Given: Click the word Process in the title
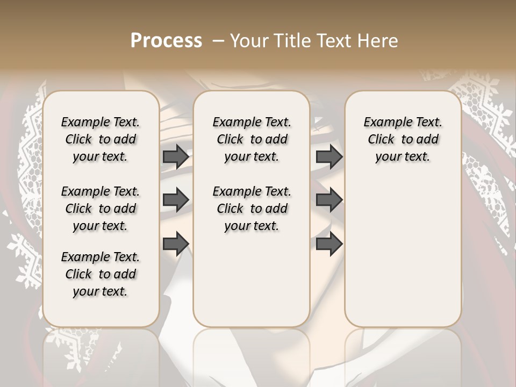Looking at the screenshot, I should pyautogui.click(x=166, y=41).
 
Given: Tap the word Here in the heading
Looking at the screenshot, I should pyautogui.click(x=378, y=41).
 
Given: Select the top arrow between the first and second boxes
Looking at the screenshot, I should pyautogui.click(x=176, y=156).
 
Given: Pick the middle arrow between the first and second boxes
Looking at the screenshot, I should pyautogui.click(x=176, y=200).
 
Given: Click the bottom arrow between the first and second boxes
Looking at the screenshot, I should pyautogui.click(x=176, y=243).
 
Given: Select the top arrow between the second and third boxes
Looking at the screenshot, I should pyautogui.click(x=329, y=156).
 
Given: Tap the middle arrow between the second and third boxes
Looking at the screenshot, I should pyautogui.click(x=329, y=200).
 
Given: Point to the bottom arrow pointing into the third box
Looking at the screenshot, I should pyautogui.click(x=329, y=243).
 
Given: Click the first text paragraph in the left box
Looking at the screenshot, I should pyautogui.click(x=101, y=139).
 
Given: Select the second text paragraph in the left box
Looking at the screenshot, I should pyautogui.click(x=101, y=209).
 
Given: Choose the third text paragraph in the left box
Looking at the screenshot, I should pyautogui.click(x=101, y=274).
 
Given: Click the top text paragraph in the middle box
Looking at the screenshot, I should pyautogui.click(x=252, y=139).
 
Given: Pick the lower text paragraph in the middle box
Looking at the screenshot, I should pyautogui.click(x=252, y=209).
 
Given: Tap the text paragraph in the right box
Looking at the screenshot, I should pyautogui.click(x=403, y=139).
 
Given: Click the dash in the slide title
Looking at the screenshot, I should pyautogui.click(x=217, y=41).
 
